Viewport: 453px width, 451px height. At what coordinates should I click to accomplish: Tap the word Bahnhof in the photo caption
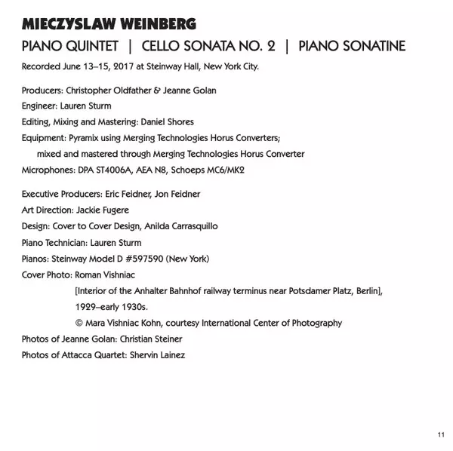pos(193,290)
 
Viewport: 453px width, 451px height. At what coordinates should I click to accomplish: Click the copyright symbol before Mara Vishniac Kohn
pos(79,323)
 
